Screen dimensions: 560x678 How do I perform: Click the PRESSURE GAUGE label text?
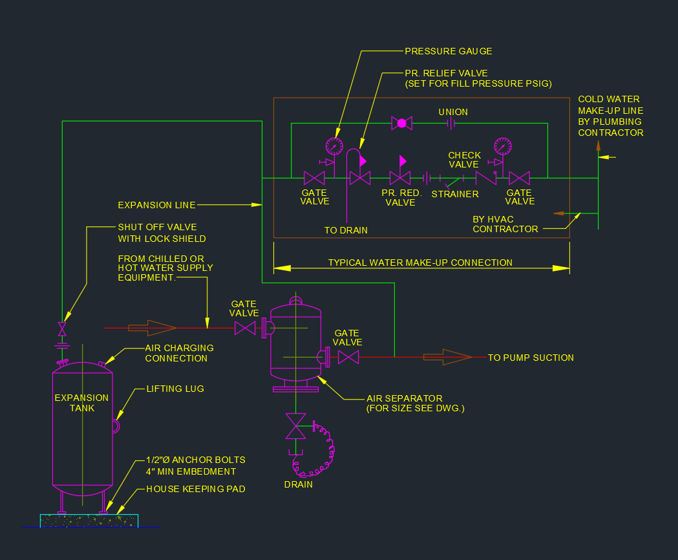pos(448,51)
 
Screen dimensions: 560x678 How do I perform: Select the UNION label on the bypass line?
pos(453,112)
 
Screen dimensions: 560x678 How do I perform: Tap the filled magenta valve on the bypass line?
pos(401,123)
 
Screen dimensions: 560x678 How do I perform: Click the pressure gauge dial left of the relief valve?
pos(334,145)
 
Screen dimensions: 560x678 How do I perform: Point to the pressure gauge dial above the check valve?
pos(502,145)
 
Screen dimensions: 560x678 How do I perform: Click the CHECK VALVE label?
pos(465,160)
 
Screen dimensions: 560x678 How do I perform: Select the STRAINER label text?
pos(455,194)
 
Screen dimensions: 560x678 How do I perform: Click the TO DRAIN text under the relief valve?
pos(346,230)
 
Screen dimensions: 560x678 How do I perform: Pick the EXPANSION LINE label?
pos(156,205)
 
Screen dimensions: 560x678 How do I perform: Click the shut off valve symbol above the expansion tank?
pos(62,328)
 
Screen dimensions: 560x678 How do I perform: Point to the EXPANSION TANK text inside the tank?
pos(81,402)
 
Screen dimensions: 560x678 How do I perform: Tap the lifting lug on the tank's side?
pos(116,426)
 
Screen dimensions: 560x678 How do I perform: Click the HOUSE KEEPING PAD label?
pos(196,490)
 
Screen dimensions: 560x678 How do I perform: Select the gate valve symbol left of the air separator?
pos(245,328)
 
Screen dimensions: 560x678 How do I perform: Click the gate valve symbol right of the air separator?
pos(348,357)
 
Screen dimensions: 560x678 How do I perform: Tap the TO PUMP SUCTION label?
pos(531,358)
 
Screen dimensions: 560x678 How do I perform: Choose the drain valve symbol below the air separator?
pos(296,427)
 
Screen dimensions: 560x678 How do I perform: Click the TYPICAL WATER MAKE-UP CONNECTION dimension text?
pos(420,263)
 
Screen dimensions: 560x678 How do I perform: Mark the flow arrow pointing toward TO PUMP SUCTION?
pos(447,357)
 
